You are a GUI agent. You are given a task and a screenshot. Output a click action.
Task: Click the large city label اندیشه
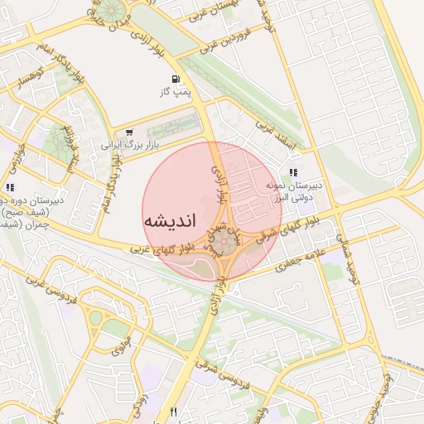tap(169, 221)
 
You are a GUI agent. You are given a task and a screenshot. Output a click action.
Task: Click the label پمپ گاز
tap(176, 92)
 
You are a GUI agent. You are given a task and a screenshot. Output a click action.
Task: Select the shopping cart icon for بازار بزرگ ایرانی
tap(129, 132)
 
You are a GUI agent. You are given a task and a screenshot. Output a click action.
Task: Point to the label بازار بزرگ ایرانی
tap(130, 145)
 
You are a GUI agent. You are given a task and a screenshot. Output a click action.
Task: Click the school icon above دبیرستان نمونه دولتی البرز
tap(292, 171)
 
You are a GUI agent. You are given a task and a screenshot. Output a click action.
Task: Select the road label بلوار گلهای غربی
tap(165, 248)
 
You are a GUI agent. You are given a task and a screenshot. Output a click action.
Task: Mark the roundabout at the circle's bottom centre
tap(226, 243)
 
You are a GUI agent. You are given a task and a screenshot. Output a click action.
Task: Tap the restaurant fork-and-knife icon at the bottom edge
tap(173, 412)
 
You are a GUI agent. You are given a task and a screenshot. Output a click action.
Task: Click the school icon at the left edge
tap(9, 189)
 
